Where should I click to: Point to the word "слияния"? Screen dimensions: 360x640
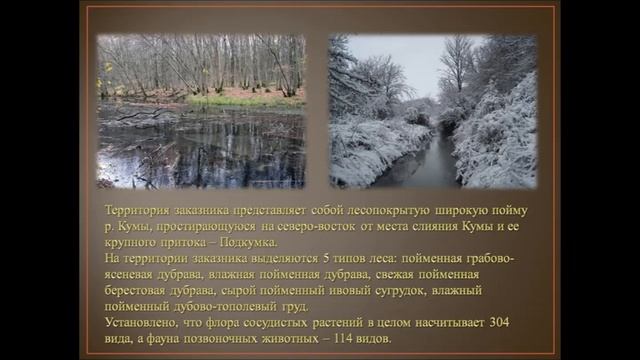click(x=438, y=227)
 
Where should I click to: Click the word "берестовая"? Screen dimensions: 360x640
click(x=144, y=290)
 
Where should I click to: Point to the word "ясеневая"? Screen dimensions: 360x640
click(x=139, y=274)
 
